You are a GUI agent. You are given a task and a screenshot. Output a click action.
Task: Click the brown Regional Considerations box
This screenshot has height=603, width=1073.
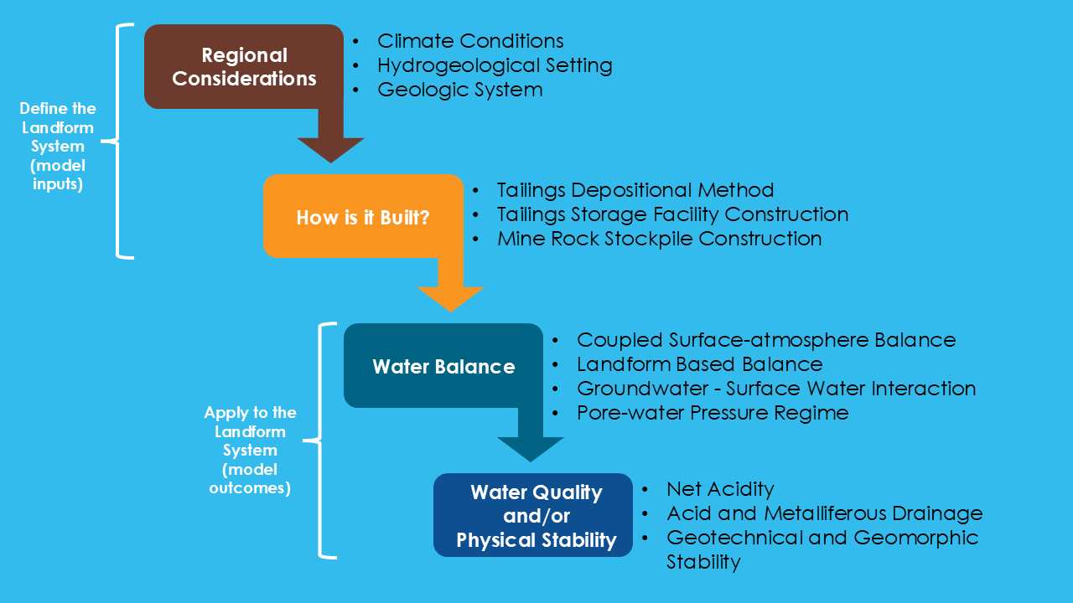[244, 67]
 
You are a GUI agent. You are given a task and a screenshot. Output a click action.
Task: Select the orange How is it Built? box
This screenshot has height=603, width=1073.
[363, 217]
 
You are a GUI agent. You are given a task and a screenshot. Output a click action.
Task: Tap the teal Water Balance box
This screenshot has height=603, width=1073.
[443, 366]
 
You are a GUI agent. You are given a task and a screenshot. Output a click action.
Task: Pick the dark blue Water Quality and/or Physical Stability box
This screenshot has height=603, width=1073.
[536, 516]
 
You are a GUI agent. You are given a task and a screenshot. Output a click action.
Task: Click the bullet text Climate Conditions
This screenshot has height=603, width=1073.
[470, 41]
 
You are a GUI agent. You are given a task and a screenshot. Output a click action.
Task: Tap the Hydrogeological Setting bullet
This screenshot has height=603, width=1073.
[495, 65]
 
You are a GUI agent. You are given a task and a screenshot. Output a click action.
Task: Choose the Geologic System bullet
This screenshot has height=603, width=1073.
[459, 90]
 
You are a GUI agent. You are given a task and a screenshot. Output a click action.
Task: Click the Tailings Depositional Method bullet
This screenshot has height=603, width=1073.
[635, 190]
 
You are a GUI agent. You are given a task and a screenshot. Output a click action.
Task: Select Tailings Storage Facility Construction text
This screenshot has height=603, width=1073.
[672, 214]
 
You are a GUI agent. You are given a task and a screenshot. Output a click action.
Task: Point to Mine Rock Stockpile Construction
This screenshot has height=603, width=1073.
[659, 239]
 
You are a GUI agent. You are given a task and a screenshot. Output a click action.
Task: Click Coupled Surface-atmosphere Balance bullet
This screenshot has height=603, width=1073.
[766, 340]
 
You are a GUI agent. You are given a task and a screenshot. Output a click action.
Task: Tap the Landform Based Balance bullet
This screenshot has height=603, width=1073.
[699, 364]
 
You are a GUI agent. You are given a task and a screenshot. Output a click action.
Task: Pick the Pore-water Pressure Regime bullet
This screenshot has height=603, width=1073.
[713, 413]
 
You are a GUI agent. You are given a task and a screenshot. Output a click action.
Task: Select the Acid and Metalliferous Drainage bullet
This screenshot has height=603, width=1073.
[824, 513]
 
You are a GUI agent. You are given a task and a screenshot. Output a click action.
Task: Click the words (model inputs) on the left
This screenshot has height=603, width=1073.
[58, 175]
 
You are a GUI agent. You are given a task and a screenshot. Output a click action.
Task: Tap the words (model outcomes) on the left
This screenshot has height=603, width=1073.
[250, 479]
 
